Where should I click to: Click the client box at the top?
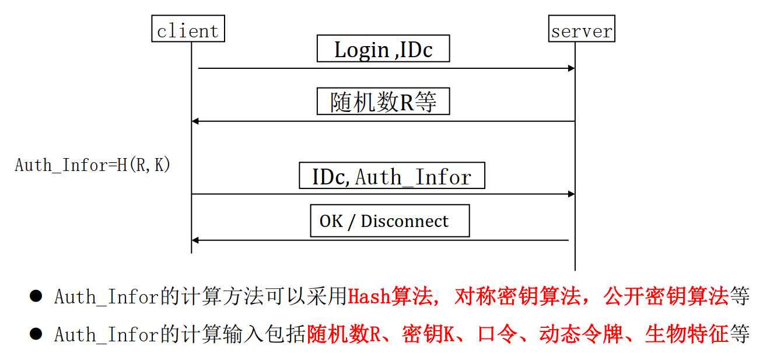[x=187, y=29]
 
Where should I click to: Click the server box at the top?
[x=582, y=29]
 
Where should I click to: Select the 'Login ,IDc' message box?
[x=383, y=49]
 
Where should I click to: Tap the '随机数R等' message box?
[x=383, y=102]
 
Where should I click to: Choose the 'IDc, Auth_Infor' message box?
[x=391, y=176]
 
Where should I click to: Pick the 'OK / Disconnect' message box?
[x=390, y=221]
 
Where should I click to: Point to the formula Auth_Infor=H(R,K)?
[x=93, y=165]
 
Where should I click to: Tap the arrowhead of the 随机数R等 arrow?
[x=195, y=121]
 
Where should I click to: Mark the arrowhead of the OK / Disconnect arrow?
[x=195, y=240]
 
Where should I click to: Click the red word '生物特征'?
[x=687, y=334]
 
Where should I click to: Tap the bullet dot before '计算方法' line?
[x=36, y=296]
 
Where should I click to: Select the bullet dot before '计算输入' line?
[x=36, y=334]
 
